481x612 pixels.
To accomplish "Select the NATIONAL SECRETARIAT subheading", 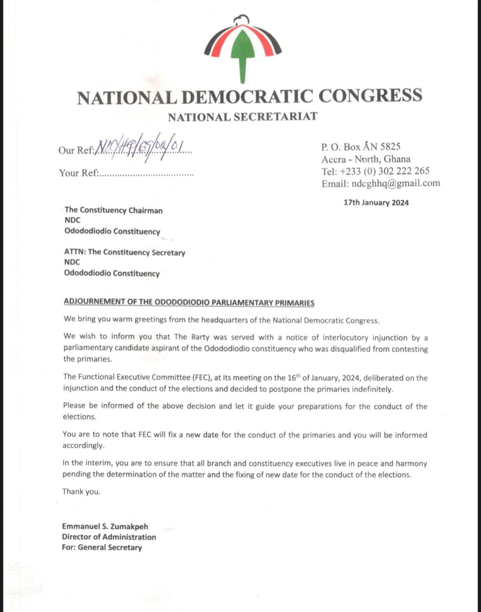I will coord(242,116).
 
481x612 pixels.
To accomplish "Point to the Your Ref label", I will coord(78,173).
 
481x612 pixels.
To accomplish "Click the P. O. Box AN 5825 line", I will coord(361,147).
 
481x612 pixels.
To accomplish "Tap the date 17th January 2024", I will coord(376,202).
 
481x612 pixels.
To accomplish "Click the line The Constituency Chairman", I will coord(113,210).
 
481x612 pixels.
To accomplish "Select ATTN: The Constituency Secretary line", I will coord(124,252).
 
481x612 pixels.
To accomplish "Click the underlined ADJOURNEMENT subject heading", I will coord(189,303).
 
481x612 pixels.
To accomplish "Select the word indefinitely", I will coord(372,389).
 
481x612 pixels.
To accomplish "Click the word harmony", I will coord(412,463).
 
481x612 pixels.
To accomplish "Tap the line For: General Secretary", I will coord(102,547).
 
